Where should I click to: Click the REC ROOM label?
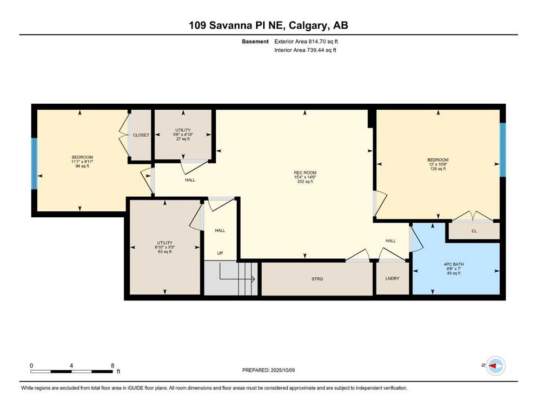(x=305, y=173)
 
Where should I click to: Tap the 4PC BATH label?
(x=453, y=264)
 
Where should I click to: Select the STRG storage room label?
(x=317, y=279)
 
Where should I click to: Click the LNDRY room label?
(x=393, y=278)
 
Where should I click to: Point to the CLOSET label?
(x=141, y=135)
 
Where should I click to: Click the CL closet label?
(x=474, y=231)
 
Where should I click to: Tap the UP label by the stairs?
(x=220, y=253)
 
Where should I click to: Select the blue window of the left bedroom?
(x=34, y=164)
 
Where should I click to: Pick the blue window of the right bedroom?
(x=502, y=150)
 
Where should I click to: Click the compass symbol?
(x=496, y=366)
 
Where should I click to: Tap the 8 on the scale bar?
(x=112, y=366)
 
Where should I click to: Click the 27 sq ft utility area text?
(x=183, y=139)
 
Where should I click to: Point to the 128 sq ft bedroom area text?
(x=437, y=169)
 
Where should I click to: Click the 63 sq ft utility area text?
(x=165, y=252)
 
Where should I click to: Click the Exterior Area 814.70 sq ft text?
(x=306, y=42)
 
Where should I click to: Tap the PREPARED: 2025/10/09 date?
(x=268, y=370)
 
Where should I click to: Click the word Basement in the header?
(x=255, y=42)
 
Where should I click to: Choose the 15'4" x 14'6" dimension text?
(x=305, y=177)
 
